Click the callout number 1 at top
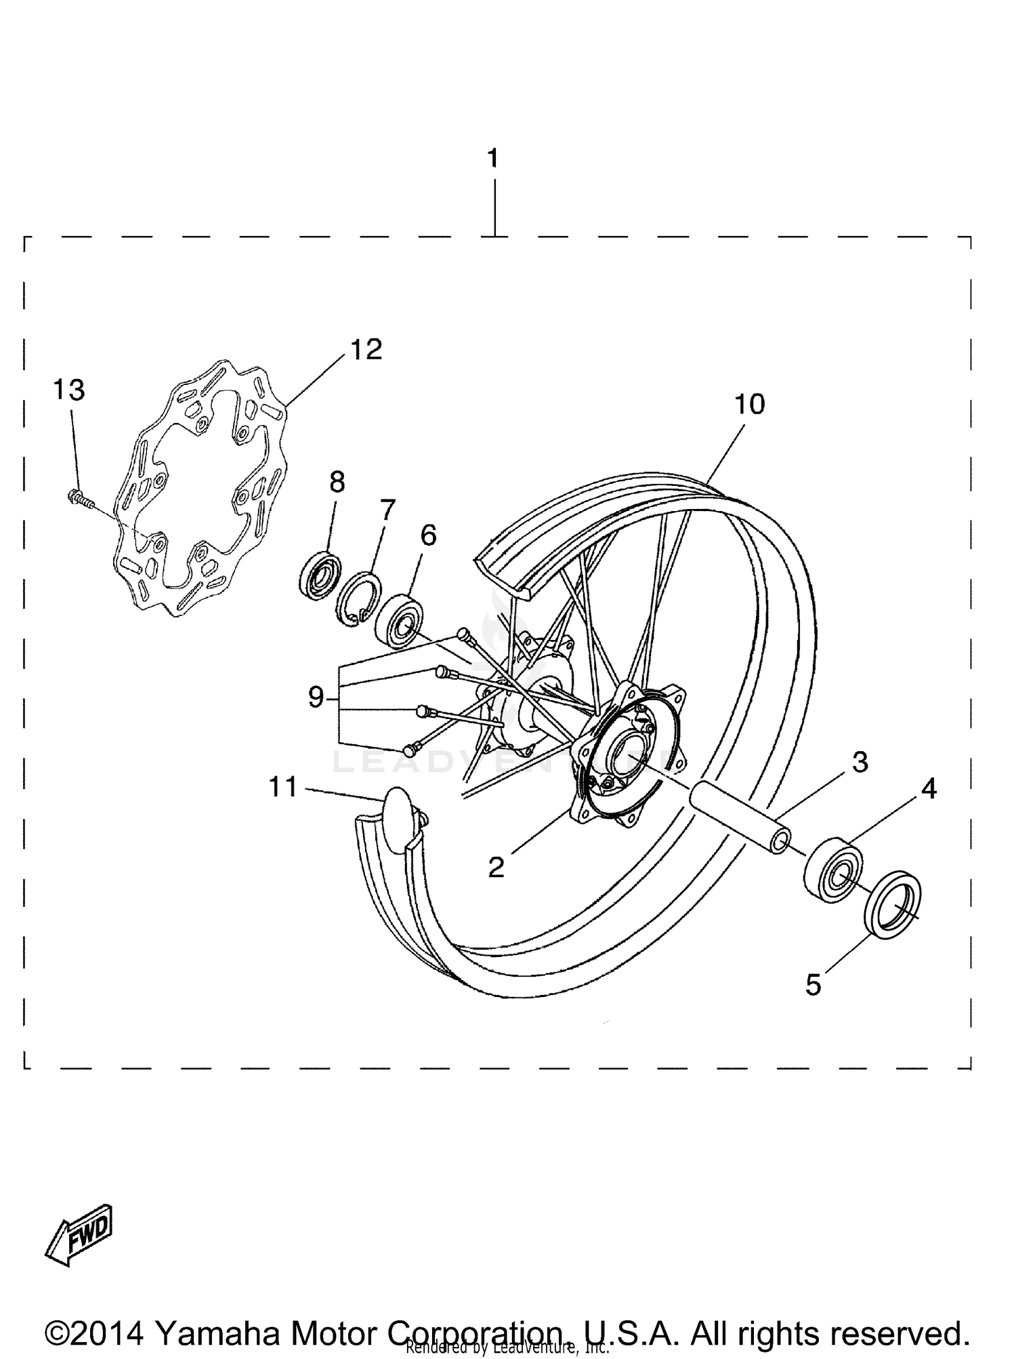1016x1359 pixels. (492, 159)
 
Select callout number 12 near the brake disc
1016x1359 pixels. (366, 350)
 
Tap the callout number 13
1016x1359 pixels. (69, 390)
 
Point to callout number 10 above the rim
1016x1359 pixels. (749, 405)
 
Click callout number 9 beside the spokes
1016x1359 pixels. (316, 697)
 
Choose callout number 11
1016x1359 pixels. (283, 787)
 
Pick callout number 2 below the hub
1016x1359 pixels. (496, 867)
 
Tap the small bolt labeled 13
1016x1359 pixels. (80, 500)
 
